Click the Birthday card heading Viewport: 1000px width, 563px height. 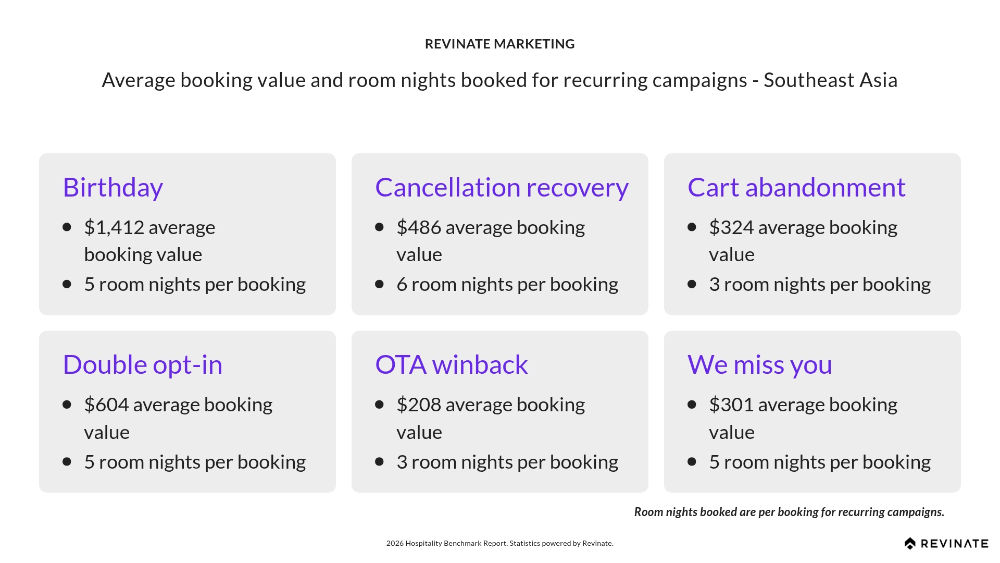point(113,188)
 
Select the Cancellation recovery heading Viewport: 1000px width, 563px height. point(502,188)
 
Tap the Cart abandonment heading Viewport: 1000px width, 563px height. point(796,188)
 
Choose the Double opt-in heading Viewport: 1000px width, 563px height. point(142,365)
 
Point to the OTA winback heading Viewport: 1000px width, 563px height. point(451,365)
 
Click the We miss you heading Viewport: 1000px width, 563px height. point(759,365)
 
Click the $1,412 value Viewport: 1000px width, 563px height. point(114,228)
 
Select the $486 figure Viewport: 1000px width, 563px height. point(418,228)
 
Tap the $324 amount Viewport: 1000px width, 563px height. point(731,228)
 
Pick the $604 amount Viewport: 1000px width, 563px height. point(106,405)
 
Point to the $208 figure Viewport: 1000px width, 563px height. point(419,405)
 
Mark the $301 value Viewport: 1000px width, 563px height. point(731,405)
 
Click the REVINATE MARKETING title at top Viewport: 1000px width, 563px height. point(499,44)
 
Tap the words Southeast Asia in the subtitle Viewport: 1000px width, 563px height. point(830,80)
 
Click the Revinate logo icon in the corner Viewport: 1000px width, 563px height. point(910,544)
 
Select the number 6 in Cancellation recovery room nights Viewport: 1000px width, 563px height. point(402,285)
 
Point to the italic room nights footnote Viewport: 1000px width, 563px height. point(789,512)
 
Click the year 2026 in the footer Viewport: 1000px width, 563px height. point(395,543)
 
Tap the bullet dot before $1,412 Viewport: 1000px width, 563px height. point(67,227)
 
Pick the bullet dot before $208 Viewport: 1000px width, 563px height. point(379,405)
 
